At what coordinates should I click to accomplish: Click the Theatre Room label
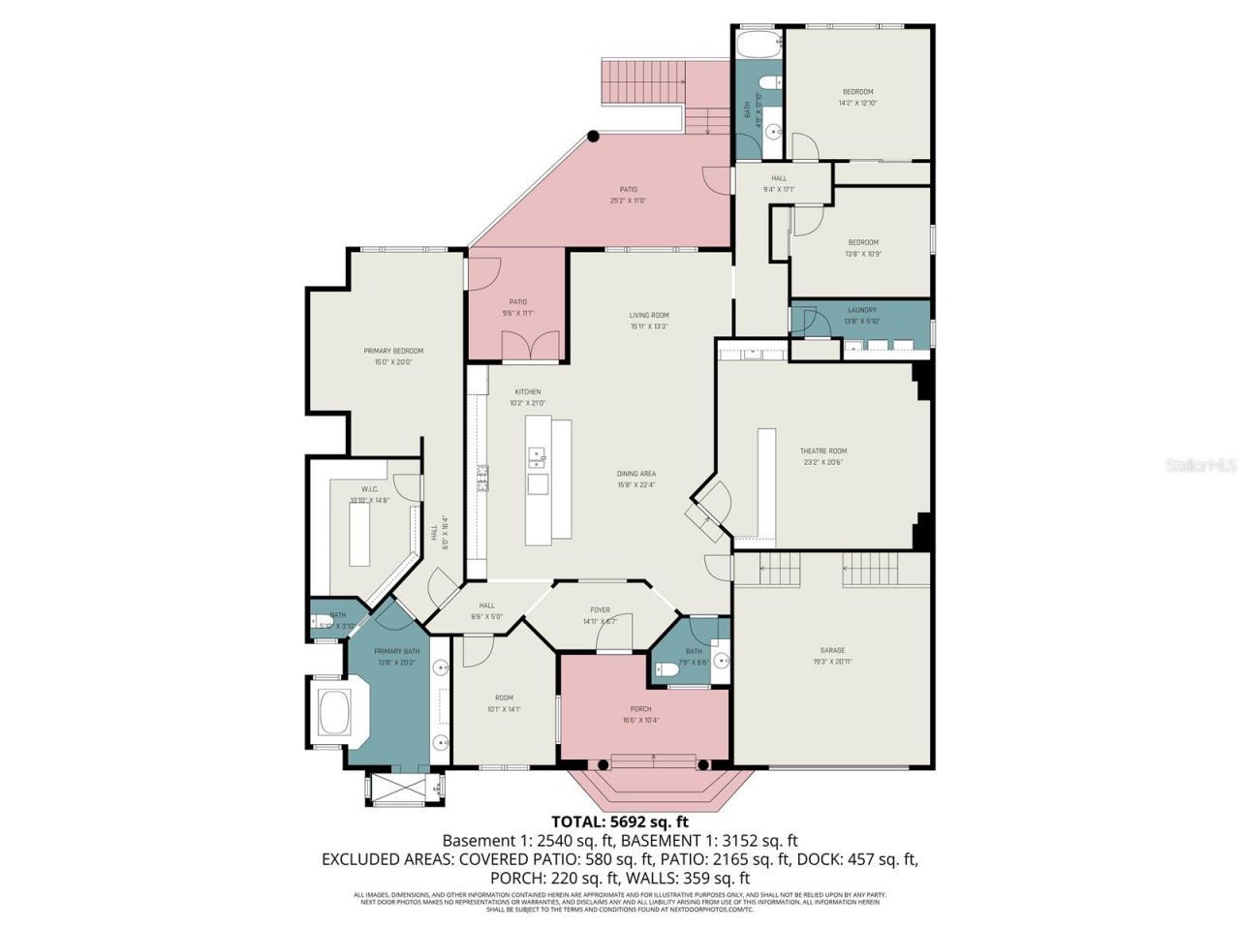click(822, 456)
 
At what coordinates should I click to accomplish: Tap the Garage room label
click(832, 656)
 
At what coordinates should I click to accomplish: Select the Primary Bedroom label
click(393, 356)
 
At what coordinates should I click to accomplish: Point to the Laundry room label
click(861, 316)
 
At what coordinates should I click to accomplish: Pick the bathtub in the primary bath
click(335, 713)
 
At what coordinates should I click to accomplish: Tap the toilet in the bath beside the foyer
click(666, 669)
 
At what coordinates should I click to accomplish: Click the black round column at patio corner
click(593, 138)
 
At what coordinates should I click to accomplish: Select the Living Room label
click(648, 321)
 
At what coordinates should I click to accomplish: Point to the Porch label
click(640, 714)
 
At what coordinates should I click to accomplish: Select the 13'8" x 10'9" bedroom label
click(863, 248)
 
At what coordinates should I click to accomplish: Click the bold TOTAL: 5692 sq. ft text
click(620, 821)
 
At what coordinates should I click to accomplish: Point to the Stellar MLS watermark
click(1200, 466)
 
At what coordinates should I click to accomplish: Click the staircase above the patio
click(643, 81)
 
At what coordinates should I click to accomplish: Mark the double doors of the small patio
click(531, 346)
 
